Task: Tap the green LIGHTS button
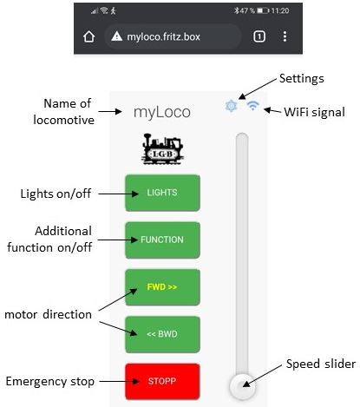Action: (x=162, y=193)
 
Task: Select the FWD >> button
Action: (x=162, y=287)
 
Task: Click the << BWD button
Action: (x=162, y=334)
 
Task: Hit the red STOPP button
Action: (x=162, y=381)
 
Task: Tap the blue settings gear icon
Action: (x=231, y=106)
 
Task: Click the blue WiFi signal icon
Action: (x=253, y=106)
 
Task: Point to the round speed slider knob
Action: (x=243, y=386)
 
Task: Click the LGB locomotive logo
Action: (x=163, y=149)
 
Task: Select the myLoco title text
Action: (x=162, y=112)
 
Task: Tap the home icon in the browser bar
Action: (x=89, y=36)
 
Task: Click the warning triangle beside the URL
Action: (x=117, y=36)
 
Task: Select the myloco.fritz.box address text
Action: (x=164, y=36)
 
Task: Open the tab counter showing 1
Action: (x=259, y=36)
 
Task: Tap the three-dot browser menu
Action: (x=285, y=36)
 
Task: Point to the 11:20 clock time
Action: (x=280, y=11)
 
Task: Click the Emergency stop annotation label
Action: (x=50, y=382)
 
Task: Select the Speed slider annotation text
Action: (x=321, y=364)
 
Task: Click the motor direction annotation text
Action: (x=48, y=314)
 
